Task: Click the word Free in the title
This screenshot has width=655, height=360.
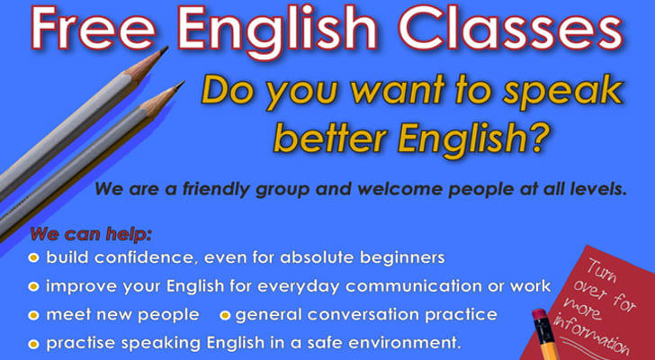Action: click(x=93, y=28)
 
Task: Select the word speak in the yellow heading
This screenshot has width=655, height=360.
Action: click(x=562, y=93)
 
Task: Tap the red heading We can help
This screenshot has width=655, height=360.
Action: click(x=91, y=234)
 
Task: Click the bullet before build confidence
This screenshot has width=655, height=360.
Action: click(x=33, y=257)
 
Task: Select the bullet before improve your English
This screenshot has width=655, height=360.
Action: click(x=33, y=287)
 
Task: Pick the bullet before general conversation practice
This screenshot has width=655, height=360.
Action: click(x=225, y=315)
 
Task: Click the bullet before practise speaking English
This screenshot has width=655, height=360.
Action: click(x=33, y=344)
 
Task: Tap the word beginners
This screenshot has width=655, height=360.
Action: click(x=402, y=257)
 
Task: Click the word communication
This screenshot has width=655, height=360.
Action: click(x=431, y=286)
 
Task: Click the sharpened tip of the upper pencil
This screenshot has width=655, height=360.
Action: click(x=166, y=48)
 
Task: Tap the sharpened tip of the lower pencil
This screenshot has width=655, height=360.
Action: click(x=182, y=83)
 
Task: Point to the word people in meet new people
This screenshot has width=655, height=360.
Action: click(x=168, y=316)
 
